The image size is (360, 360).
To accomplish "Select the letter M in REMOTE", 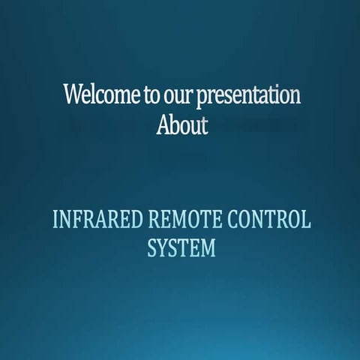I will pyautogui.click(x=178, y=220).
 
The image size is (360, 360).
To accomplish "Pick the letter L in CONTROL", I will pyautogui.click(x=305, y=220).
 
